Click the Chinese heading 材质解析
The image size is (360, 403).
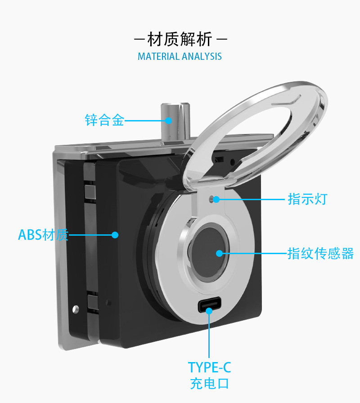pos(180,40)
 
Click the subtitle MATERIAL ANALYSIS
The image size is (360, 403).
pos(180,57)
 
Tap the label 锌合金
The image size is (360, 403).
pos(104,120)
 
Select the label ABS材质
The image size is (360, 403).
pos(43,234)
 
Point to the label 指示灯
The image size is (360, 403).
pos(307,199)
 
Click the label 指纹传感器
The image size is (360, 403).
pos(320,253)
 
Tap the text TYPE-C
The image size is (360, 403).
pos(209,367)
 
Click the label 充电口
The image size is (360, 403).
pos(209,384)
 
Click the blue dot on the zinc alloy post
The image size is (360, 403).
pos(169,120)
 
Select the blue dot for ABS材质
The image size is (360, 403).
pos(115,234)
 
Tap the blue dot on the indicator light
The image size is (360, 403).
pos(217,199)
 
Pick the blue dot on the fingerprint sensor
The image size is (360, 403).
pos(219,253)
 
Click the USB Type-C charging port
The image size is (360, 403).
pos(209,306)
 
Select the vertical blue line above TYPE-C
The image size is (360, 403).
pos(209,335)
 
